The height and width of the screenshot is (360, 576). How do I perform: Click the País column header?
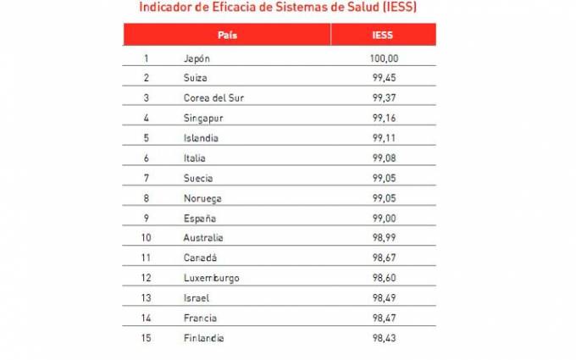(227, 36)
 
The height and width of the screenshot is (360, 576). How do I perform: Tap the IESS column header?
(383, 36)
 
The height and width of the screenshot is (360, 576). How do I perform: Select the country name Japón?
(196, 58)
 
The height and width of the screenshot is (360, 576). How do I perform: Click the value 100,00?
(384, 58)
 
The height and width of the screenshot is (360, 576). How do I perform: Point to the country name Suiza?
(195, 78)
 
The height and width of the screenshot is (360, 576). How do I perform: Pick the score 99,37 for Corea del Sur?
(384, 98)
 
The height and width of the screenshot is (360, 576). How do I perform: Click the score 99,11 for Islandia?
(384, 138)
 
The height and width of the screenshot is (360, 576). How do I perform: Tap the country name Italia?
(194, 158)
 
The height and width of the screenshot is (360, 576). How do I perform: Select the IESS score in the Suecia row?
(384, 178)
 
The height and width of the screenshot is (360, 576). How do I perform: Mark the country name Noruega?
(201, 198)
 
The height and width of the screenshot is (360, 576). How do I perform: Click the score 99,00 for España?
(384, 218)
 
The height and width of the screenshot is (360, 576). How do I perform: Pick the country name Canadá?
(200, 258)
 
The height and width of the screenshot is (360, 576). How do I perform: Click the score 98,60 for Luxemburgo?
(384, 278)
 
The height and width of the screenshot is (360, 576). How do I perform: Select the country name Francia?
(200, 318)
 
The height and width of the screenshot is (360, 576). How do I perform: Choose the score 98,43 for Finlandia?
(384, 338)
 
